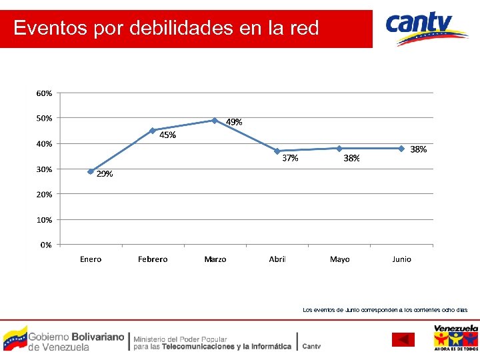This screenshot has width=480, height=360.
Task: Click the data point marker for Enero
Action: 91,171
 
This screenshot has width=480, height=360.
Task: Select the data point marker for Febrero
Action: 153,131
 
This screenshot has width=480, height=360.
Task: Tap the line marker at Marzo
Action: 215,121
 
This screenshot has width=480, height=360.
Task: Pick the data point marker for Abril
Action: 277,151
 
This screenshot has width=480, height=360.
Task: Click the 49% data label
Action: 234,122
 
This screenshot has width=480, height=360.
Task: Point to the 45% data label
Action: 168,135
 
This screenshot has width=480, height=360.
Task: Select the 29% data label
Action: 105,175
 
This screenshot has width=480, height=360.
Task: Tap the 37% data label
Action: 290,159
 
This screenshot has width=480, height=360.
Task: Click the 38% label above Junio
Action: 419,150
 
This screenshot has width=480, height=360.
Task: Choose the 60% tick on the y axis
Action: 45,93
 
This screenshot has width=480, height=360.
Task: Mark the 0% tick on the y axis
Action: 46,245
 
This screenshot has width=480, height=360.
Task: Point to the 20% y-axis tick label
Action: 45,194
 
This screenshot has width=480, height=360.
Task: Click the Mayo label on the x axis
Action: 339,259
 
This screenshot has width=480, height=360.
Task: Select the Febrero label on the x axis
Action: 153,259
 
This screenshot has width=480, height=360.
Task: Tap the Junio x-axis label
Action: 401,259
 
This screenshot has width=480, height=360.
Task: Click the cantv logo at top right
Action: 427,28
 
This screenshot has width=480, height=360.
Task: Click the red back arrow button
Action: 403,340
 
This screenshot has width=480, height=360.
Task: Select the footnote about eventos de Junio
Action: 385,309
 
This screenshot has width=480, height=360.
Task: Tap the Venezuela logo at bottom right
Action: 455,337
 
